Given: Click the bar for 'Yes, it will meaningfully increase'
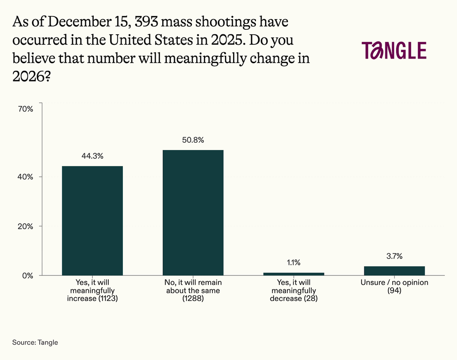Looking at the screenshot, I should coord(92,220).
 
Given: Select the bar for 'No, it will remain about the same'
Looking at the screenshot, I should coord(193,213).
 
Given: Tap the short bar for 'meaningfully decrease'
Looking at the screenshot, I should coord(293,274).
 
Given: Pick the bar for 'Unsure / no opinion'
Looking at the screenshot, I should coord(394,271).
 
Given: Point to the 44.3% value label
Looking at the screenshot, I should coord(92,156).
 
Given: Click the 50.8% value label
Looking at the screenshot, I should coord(193,140).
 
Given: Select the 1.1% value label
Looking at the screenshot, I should coord(293,263).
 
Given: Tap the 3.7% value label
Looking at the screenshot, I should coord(394,256).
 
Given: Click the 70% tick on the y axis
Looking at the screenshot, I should coord(26,109).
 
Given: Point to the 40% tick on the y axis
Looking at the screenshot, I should coord(26,177).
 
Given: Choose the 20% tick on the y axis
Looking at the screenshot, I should coord(26,226).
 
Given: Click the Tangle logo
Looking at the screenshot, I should coord(393,50).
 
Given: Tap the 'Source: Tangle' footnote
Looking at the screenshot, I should coord(35,342).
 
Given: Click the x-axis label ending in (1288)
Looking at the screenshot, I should coord(193,290).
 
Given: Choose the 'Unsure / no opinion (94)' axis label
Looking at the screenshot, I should coord(394,286).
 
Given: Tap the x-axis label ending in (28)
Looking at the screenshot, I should coord(293,290).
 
